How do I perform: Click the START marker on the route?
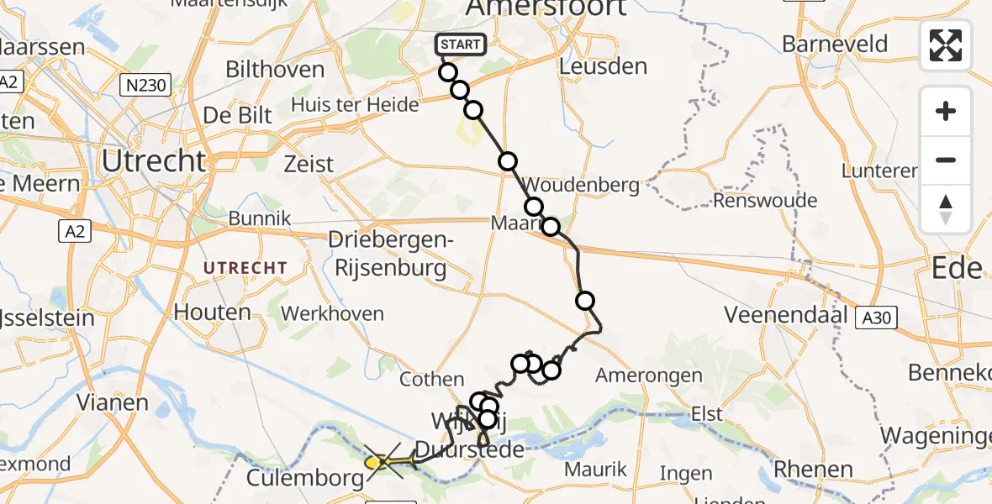pos(459,45)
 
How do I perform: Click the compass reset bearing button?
pos(946,209)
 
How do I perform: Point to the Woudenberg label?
pos(581,184)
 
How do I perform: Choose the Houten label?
pos(212,312)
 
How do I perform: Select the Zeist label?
pos(309,164)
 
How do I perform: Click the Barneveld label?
pos(835,43)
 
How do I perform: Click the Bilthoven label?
pos(275,69)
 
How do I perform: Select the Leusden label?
pos(603,66)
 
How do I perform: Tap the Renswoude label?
pos(764,201)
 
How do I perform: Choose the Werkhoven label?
pos(332,314)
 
